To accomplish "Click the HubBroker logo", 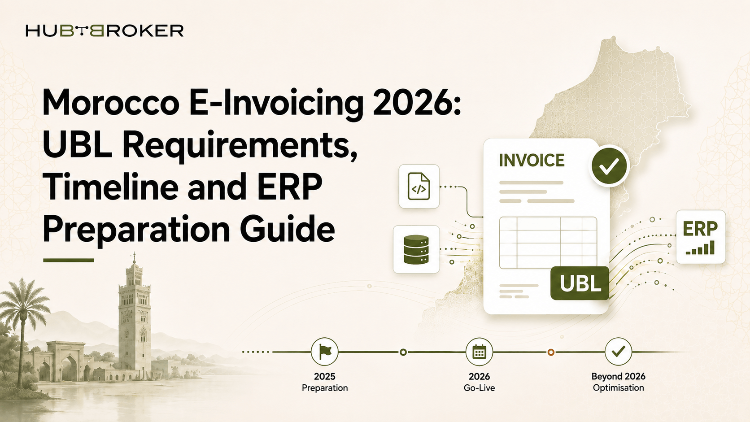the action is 105,31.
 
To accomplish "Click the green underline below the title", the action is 69,260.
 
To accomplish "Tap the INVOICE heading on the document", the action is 532,160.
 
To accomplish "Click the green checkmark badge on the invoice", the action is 609,166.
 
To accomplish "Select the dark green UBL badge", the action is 580,283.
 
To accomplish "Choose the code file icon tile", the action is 419,187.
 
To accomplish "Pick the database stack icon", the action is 416,250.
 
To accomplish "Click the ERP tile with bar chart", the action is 701,237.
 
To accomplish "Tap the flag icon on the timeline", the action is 324,352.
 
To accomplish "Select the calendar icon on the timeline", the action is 479,352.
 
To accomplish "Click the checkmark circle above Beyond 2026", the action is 618,352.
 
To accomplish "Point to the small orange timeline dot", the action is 551,352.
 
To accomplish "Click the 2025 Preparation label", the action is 325,382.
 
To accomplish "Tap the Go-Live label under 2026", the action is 479,388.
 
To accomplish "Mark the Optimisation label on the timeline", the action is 619,388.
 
